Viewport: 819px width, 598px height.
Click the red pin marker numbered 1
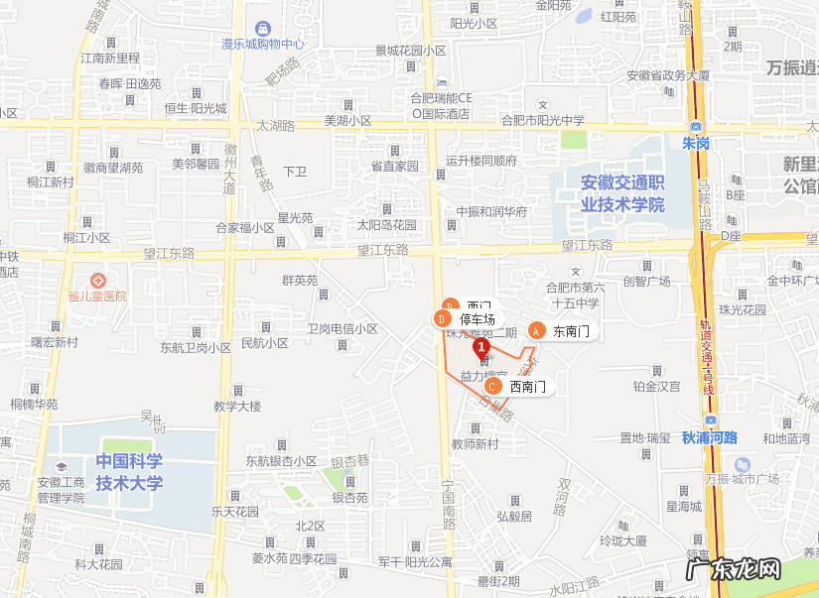coord(481,349)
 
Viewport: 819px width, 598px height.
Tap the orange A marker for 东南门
coord(536,331)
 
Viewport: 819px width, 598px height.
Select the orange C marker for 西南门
coord(492,387)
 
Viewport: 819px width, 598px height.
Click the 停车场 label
coord(477,319)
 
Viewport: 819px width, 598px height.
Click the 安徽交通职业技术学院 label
coord(622,194)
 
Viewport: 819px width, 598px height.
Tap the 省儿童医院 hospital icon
coord(97,281)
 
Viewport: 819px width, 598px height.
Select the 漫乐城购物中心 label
coord(262,44)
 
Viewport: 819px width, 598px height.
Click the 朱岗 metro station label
coord(696,144)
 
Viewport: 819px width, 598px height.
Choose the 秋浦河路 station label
coord(710,437)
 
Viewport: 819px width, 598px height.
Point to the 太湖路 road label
coord(276,126)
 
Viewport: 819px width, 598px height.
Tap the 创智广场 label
coord(646,282)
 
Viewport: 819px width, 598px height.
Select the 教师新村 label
coord(475,444)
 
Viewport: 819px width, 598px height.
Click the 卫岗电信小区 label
coord(341,328)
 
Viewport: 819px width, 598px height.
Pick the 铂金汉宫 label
coord(656,386)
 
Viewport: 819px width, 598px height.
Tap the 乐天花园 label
coord(235,512)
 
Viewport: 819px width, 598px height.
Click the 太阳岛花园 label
coord(387,225)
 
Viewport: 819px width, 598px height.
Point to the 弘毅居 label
coord(514,516)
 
